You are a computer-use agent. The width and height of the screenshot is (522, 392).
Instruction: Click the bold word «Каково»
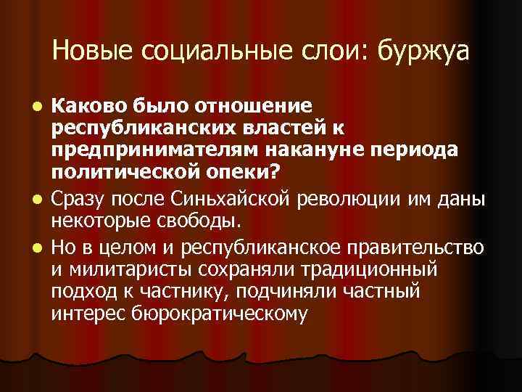pyautogui.click(x=87, y=106)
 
